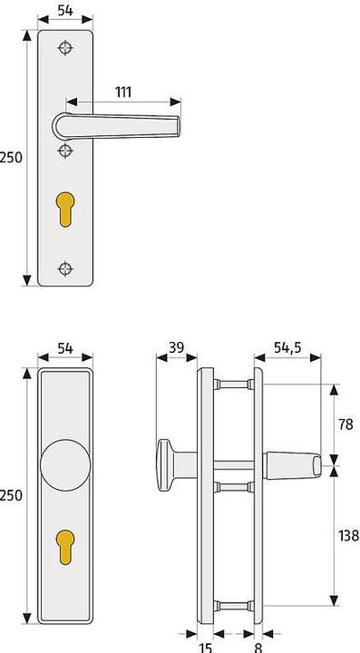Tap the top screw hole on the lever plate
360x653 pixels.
[x=64, y=48]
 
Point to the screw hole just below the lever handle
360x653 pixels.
[x=64, y=151]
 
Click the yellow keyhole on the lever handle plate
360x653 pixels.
[x=64, y=208]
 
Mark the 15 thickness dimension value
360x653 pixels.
[x=206, y=646]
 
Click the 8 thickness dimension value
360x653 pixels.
[x=258, y=646]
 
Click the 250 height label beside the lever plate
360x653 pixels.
[x=11, y=157]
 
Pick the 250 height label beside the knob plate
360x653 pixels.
[x=11, y=495]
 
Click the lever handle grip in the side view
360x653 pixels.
[x=292, y=465]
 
